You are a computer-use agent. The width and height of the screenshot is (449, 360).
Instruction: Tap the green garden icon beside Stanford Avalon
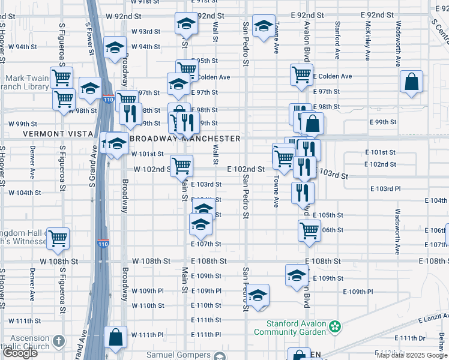(x=336, y=327)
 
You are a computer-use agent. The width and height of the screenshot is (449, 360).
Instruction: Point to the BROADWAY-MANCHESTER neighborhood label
(x=185, y=139)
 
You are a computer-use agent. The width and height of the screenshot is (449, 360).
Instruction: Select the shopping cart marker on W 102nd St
(x=181, y=165)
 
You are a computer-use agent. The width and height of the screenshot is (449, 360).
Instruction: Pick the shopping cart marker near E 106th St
(x=309, y=230)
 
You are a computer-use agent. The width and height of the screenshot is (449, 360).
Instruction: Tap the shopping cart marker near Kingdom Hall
(x=58, y=238)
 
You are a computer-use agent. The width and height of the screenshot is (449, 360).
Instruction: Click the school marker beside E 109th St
(x=297, y=275)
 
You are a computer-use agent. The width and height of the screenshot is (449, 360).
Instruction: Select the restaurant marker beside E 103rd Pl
(x=303, y=192)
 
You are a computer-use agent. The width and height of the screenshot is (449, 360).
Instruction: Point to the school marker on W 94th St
(x=114, y=49)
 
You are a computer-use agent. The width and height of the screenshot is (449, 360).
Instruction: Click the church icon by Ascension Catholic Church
(x=58, y=341)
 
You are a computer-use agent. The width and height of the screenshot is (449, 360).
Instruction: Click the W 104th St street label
(x=25, y=193)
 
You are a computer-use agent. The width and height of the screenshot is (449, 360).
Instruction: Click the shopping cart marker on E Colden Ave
(x=301, y=75)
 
